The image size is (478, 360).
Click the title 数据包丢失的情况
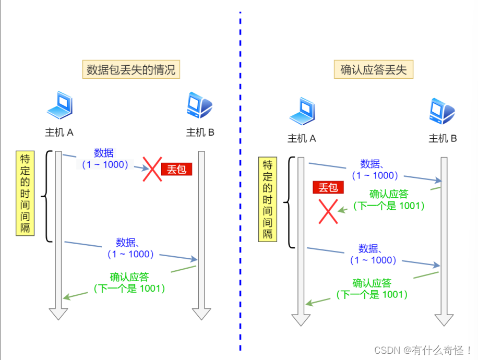[x=131, y=69]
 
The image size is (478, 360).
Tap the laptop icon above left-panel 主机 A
[x=59, y=105]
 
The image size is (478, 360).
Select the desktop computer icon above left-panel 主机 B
[x=199, y=105]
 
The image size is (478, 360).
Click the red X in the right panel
[x=328, y=211]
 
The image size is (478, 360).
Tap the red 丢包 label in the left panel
[x=176, y=170]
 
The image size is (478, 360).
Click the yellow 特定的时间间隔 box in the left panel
[x=25, y=193]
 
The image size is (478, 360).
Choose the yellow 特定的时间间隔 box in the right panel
[x=267, y=199]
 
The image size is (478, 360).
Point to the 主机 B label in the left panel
[x=200, y=133]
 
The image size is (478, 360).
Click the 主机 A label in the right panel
[x=302, y=138]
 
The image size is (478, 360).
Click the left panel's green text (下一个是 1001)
[x=129, y=288]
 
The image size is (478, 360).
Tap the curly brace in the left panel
[x=46, y=196]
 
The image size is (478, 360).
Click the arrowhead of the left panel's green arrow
[x=66, y=297]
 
